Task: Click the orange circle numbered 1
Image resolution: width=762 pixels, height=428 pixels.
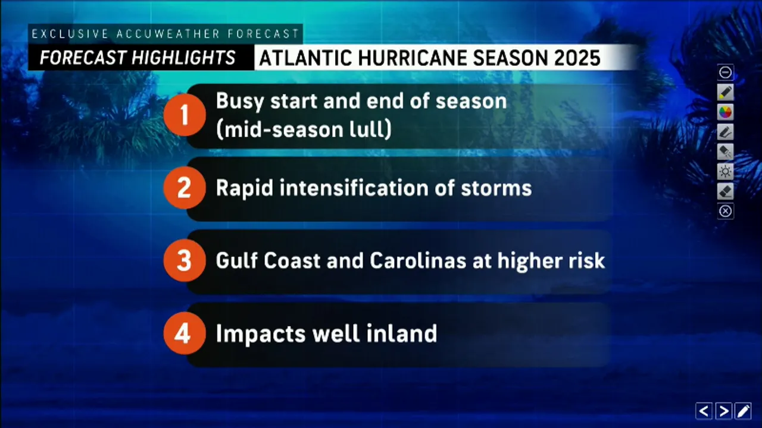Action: [x=184, y=115]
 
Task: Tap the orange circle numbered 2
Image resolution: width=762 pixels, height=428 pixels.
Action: [x=184, y=188]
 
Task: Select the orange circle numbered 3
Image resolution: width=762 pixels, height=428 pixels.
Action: [x=184, y=261]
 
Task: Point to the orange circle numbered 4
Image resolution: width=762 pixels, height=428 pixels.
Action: [x=184, y=333]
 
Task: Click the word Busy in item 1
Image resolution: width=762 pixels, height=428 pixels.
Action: [x=241, y=102]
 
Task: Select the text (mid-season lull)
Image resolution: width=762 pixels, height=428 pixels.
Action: [x=304, y=130]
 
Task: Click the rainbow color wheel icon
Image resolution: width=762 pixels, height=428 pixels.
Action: [x=725, y=112]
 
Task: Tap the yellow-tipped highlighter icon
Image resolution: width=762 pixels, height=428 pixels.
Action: [x=725, y=92]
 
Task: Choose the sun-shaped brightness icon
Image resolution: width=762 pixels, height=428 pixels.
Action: [x=725, y=172]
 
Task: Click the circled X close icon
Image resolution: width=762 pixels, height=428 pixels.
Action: [x=725, y=211]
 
